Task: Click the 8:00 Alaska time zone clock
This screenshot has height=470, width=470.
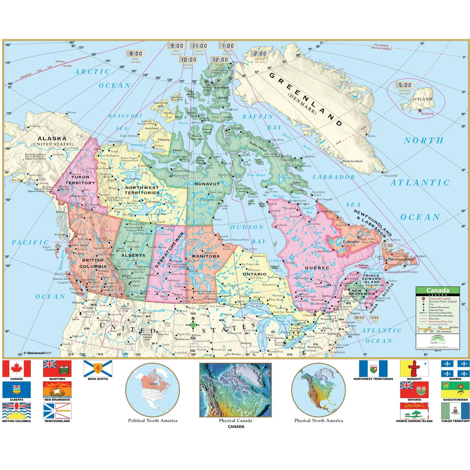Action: pyautogui.click(x=136, y=54)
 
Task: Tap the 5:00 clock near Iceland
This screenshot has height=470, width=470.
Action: pyautogui.click(x=405, y=85)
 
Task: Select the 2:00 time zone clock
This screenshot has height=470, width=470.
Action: pyautogui.click(x=260, y=54)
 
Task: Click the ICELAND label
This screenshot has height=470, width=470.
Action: pyautogui.click(x=422, y=99)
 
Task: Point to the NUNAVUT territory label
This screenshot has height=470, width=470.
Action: pyautogui.click(x=207, y=184)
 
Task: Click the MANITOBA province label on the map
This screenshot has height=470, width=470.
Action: pyautogui.click(x=206, y=256)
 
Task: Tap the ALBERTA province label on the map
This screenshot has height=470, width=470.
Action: pyautogui.click(x=133, y=256)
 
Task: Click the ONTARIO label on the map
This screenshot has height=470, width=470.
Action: pyautogui.click(x=255, y=274)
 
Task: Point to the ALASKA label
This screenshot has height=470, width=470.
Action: pyautogui.click(x=52, y=139)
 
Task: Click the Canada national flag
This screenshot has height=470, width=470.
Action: pyautogui.click(x=17, y=369)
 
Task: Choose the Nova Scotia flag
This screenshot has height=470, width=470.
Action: pyautogui.click(x=98, y=369)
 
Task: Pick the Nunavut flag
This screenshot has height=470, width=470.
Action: pyautogui.click(x=414, y=369)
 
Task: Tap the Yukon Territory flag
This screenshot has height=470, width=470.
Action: pyautogui.click(x=455, y=411)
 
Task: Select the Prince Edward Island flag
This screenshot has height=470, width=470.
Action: pyautogui.click(x=414, y=411)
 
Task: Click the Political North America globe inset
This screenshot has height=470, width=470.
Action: pyautogui.click(x=153, y=390)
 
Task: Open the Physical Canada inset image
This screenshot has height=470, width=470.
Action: pyautogui.click(x=235, y=390)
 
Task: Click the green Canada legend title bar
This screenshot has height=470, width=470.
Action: pyautogui.click(x=437, y=290)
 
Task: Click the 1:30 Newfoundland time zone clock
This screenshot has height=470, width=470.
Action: pyautogui.click(x=388, y=245)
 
